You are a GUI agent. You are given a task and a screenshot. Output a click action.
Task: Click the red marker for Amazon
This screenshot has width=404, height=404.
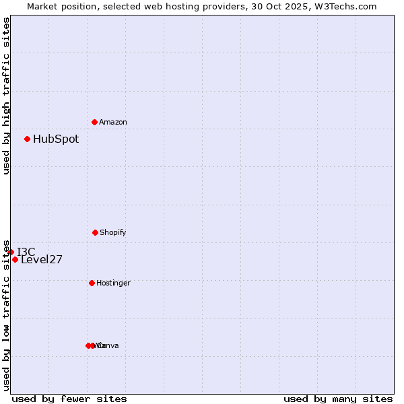94,122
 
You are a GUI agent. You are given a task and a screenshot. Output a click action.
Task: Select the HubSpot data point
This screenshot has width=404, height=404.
27,139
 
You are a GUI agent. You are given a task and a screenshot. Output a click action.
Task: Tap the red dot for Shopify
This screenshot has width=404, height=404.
95,232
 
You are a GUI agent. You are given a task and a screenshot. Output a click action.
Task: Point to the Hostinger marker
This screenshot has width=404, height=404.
92,283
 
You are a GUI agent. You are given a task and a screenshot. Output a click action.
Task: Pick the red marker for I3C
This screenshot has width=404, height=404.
11,252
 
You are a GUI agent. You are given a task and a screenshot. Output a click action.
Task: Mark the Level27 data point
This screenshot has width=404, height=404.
15,259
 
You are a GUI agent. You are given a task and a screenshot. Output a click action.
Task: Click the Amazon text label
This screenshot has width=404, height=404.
113,123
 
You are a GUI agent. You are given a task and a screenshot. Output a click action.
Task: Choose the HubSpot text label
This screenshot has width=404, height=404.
56,139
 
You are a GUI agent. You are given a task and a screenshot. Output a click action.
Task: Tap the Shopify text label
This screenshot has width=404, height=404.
113,233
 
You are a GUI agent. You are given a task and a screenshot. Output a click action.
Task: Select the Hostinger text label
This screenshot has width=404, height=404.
113,283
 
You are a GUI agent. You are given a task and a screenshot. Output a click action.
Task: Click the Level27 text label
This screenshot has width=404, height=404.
42,260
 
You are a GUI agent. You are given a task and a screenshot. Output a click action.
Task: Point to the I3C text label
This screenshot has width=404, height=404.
26,252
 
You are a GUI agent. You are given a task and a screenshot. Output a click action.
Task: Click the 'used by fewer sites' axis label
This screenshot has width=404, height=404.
69,399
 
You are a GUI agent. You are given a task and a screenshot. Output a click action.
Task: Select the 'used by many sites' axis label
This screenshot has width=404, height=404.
338,399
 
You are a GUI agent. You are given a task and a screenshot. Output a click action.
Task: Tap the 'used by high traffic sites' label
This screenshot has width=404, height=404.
6,96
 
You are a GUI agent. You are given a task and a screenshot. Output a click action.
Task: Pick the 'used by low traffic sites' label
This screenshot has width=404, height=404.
6,314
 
